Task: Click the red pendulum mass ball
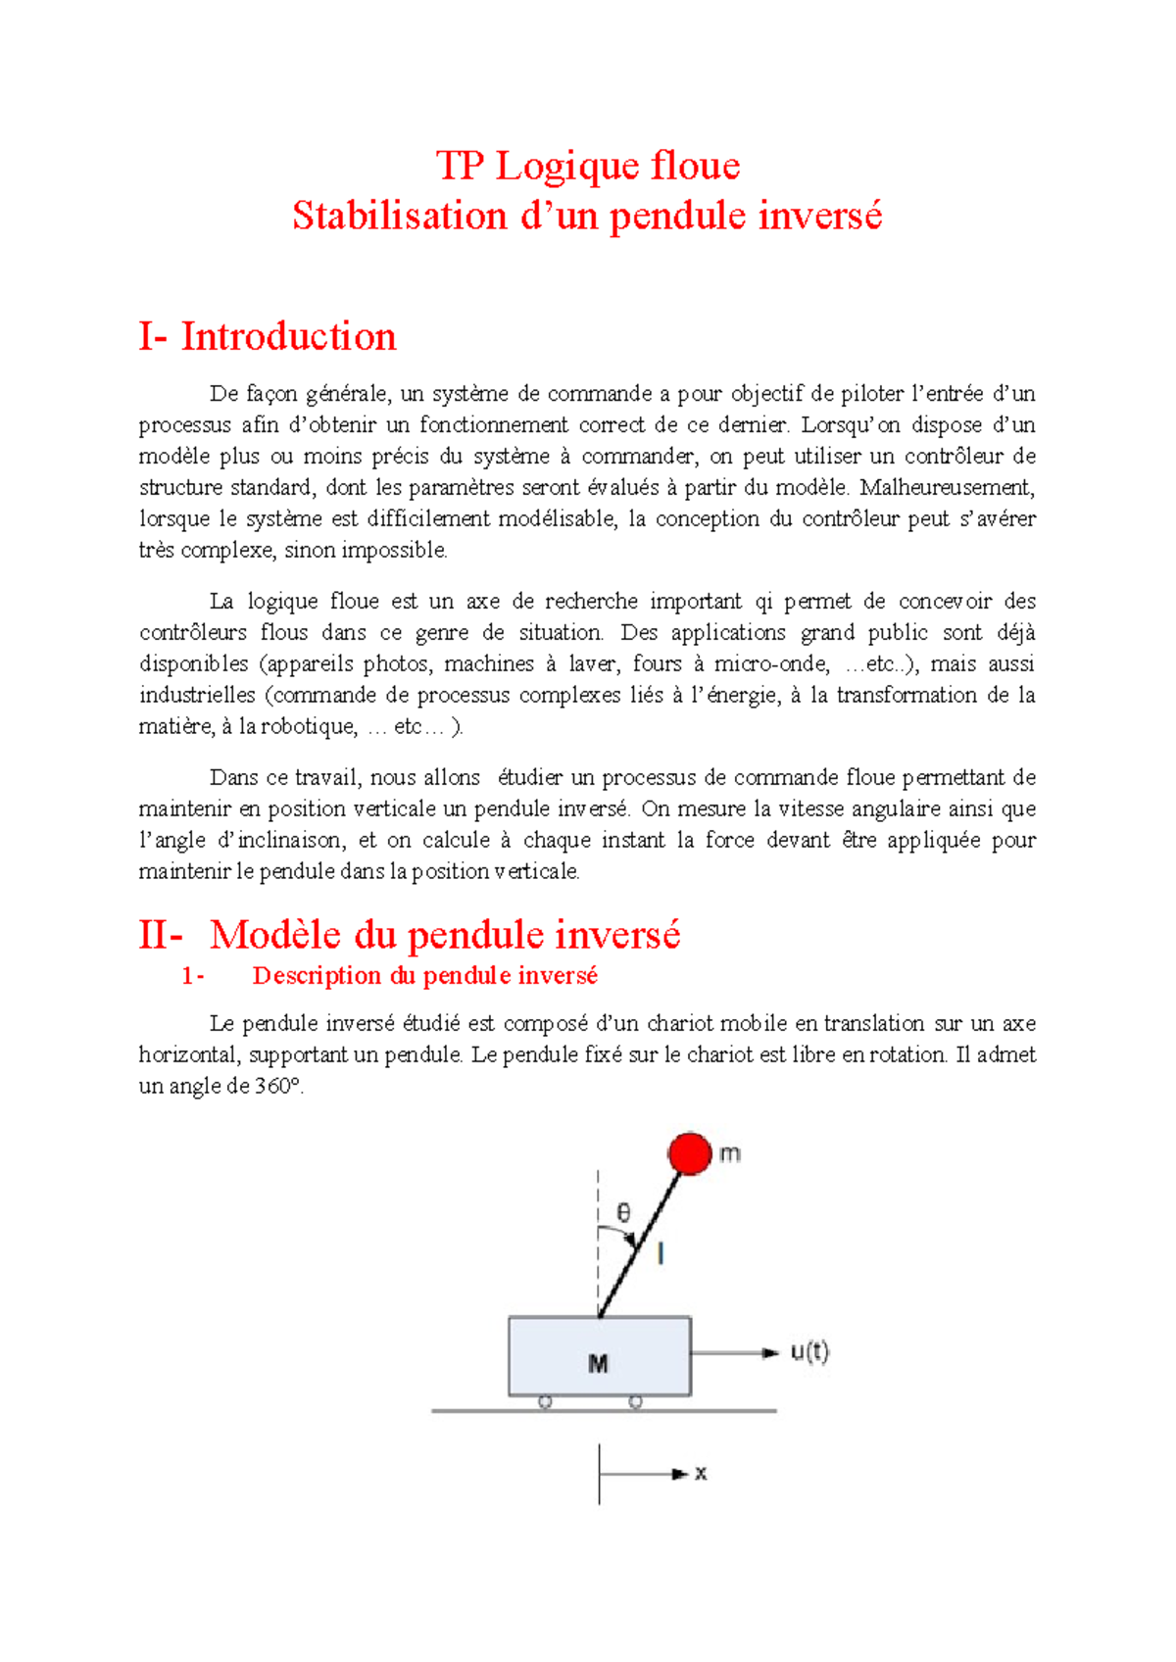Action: tap(690, 1153)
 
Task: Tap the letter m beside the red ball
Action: tap(730, 1153)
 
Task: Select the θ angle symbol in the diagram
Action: tap(623, 1215)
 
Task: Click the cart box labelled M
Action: tap(599, 1357)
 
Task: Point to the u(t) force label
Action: tap(809, 1352)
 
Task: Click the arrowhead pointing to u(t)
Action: tap(771, 1353)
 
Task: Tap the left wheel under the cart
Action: tap(546, 1402)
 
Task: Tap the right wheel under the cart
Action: tap(635, 1402)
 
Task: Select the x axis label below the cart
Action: tap(701, 1473)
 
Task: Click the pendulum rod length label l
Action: tap(661, 1252)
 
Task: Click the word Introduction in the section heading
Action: tap(288, 336)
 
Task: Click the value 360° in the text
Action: tap(278, 1086)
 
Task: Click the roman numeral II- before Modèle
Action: tap(161, 934)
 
